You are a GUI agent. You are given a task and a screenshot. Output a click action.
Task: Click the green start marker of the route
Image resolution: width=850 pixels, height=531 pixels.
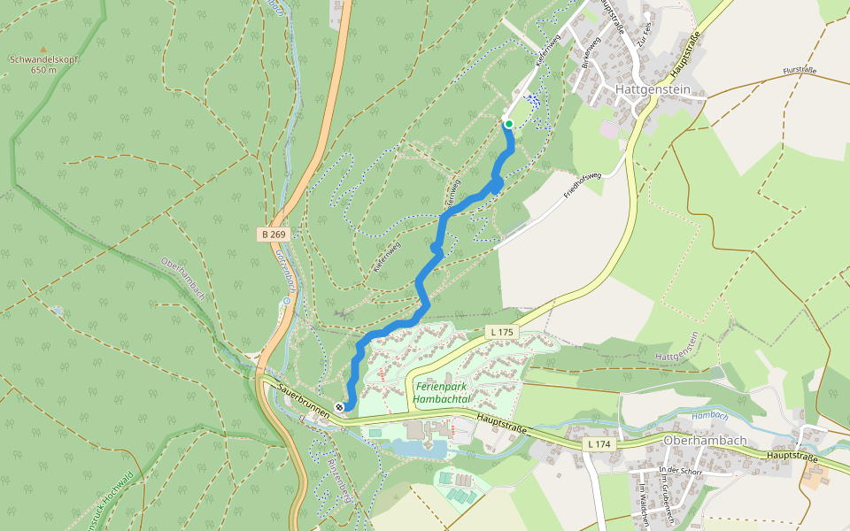tap(508, 123)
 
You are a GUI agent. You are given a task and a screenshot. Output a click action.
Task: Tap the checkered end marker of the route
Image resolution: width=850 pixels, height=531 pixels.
tap(339, 406)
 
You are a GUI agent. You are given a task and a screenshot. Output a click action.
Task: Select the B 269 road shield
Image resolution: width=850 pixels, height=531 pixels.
tap(274, 235)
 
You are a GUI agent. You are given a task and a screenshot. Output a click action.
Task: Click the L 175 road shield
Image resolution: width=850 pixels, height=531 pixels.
tap(500, 332)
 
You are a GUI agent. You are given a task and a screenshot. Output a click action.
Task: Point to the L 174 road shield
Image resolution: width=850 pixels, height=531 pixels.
tap(600, 442)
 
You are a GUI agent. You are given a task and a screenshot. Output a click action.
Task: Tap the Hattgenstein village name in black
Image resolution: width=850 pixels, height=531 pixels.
tap(660, 90)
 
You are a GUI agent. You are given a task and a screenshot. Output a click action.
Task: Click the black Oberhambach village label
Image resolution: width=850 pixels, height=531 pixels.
tap(705, 440)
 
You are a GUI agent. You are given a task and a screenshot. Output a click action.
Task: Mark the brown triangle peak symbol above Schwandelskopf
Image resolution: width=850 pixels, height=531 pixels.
tap(42, 49)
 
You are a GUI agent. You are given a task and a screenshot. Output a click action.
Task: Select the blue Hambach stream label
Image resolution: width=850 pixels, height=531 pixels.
tap(709, 414)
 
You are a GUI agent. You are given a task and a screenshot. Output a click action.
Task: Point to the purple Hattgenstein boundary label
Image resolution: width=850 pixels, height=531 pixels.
tap(677, 346)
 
